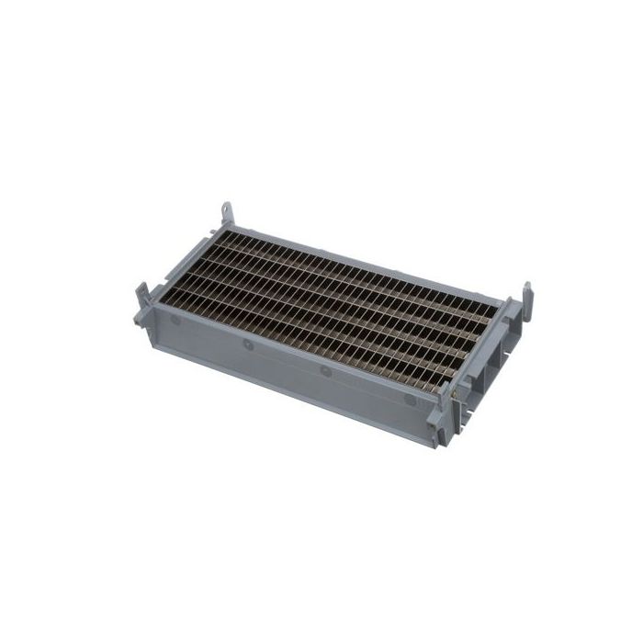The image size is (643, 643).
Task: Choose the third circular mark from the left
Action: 324,372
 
